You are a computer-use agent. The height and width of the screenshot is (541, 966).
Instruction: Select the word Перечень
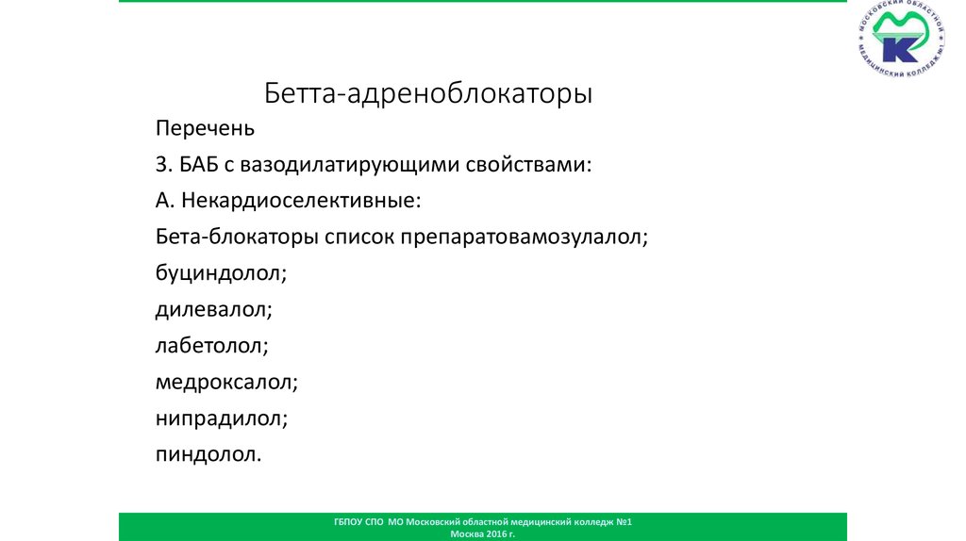pos(205,128)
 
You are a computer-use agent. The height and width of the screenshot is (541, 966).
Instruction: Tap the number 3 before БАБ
pos(161,164)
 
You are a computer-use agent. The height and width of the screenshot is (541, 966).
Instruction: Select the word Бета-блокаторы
pos(237,237)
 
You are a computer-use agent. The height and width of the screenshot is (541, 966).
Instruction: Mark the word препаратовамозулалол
pos(525,238)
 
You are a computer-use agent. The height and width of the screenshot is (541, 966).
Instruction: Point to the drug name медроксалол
pos(227,382)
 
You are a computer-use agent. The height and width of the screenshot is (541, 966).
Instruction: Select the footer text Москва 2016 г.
pos(483,533)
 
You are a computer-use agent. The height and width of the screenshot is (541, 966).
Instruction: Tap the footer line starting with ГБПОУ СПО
pos(483,521)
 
